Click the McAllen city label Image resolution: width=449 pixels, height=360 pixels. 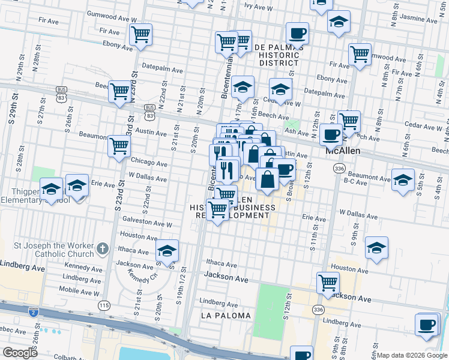343,151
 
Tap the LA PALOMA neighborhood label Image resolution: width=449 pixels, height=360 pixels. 226,316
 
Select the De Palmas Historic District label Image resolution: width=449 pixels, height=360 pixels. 276,55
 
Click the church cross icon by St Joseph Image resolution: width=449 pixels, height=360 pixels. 103,247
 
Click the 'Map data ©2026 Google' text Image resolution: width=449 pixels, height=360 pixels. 412,355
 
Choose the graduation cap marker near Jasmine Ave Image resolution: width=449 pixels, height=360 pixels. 339,22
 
